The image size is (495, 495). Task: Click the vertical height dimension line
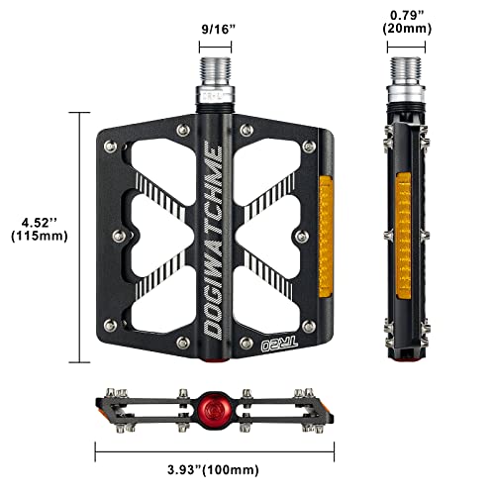click(x=75, y=229)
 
